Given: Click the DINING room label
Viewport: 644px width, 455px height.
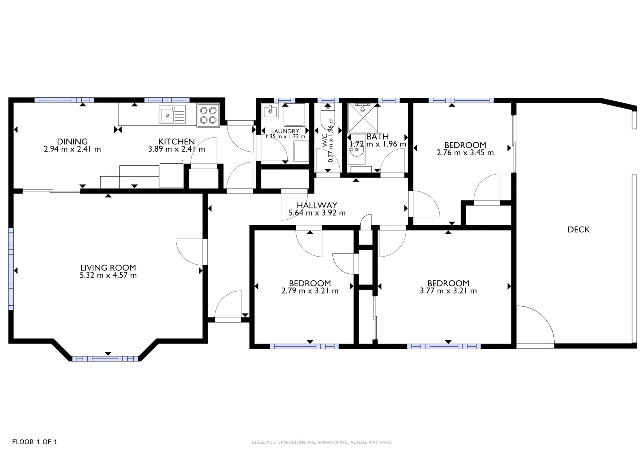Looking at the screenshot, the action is pyautogui.click(x=72, y=142).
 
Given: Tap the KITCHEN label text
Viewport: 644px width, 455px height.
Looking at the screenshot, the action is pyautogui.click(x=177, y=142).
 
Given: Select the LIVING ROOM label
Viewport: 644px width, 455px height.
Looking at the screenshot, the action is pyautogui.click(x=108, y=268).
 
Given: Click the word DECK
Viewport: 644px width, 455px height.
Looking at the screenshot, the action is pyautogui.click(x=578, y=229).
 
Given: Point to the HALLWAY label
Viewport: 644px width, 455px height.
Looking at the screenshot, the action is pyautogui.click(x=317, y=205).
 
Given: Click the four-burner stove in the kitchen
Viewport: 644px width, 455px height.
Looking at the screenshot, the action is pyautogui.click(x=208, y=115).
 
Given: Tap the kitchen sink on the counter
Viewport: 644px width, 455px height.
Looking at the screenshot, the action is pyautogui.click(x=172, y=114).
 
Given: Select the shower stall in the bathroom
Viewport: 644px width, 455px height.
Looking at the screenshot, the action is pyautogui.click(x=363, y=117).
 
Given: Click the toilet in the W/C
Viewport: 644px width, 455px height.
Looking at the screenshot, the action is pyautogui.click(x=328, y=119).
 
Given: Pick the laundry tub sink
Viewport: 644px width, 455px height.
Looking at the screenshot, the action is pyautogui.click(x=270, y=111).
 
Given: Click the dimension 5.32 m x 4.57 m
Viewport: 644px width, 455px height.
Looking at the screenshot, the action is pyautogui.click(x=108, y=275).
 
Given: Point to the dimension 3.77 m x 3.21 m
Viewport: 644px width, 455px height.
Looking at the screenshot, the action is pyautogui.click(x=448, y=291).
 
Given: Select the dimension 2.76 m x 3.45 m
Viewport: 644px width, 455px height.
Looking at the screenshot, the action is pyautogui.click(x=465, y=152).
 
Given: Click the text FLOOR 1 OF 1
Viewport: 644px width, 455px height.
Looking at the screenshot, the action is pyautogui.click(x=35, y=442).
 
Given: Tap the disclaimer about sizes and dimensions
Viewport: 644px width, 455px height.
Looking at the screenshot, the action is pyautogui.click(x=322, y=443).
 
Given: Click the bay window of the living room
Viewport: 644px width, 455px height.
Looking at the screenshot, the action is pyautogui.click(x=105, y=358).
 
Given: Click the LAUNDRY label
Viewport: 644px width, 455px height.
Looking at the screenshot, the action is pyautogui.click(x=285, y=132).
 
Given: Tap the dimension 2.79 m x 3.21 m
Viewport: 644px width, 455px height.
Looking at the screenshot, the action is pyautogui.click(x=310, y=291).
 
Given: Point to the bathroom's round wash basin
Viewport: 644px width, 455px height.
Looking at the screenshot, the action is pyautogui.click(x=357, y=150).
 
